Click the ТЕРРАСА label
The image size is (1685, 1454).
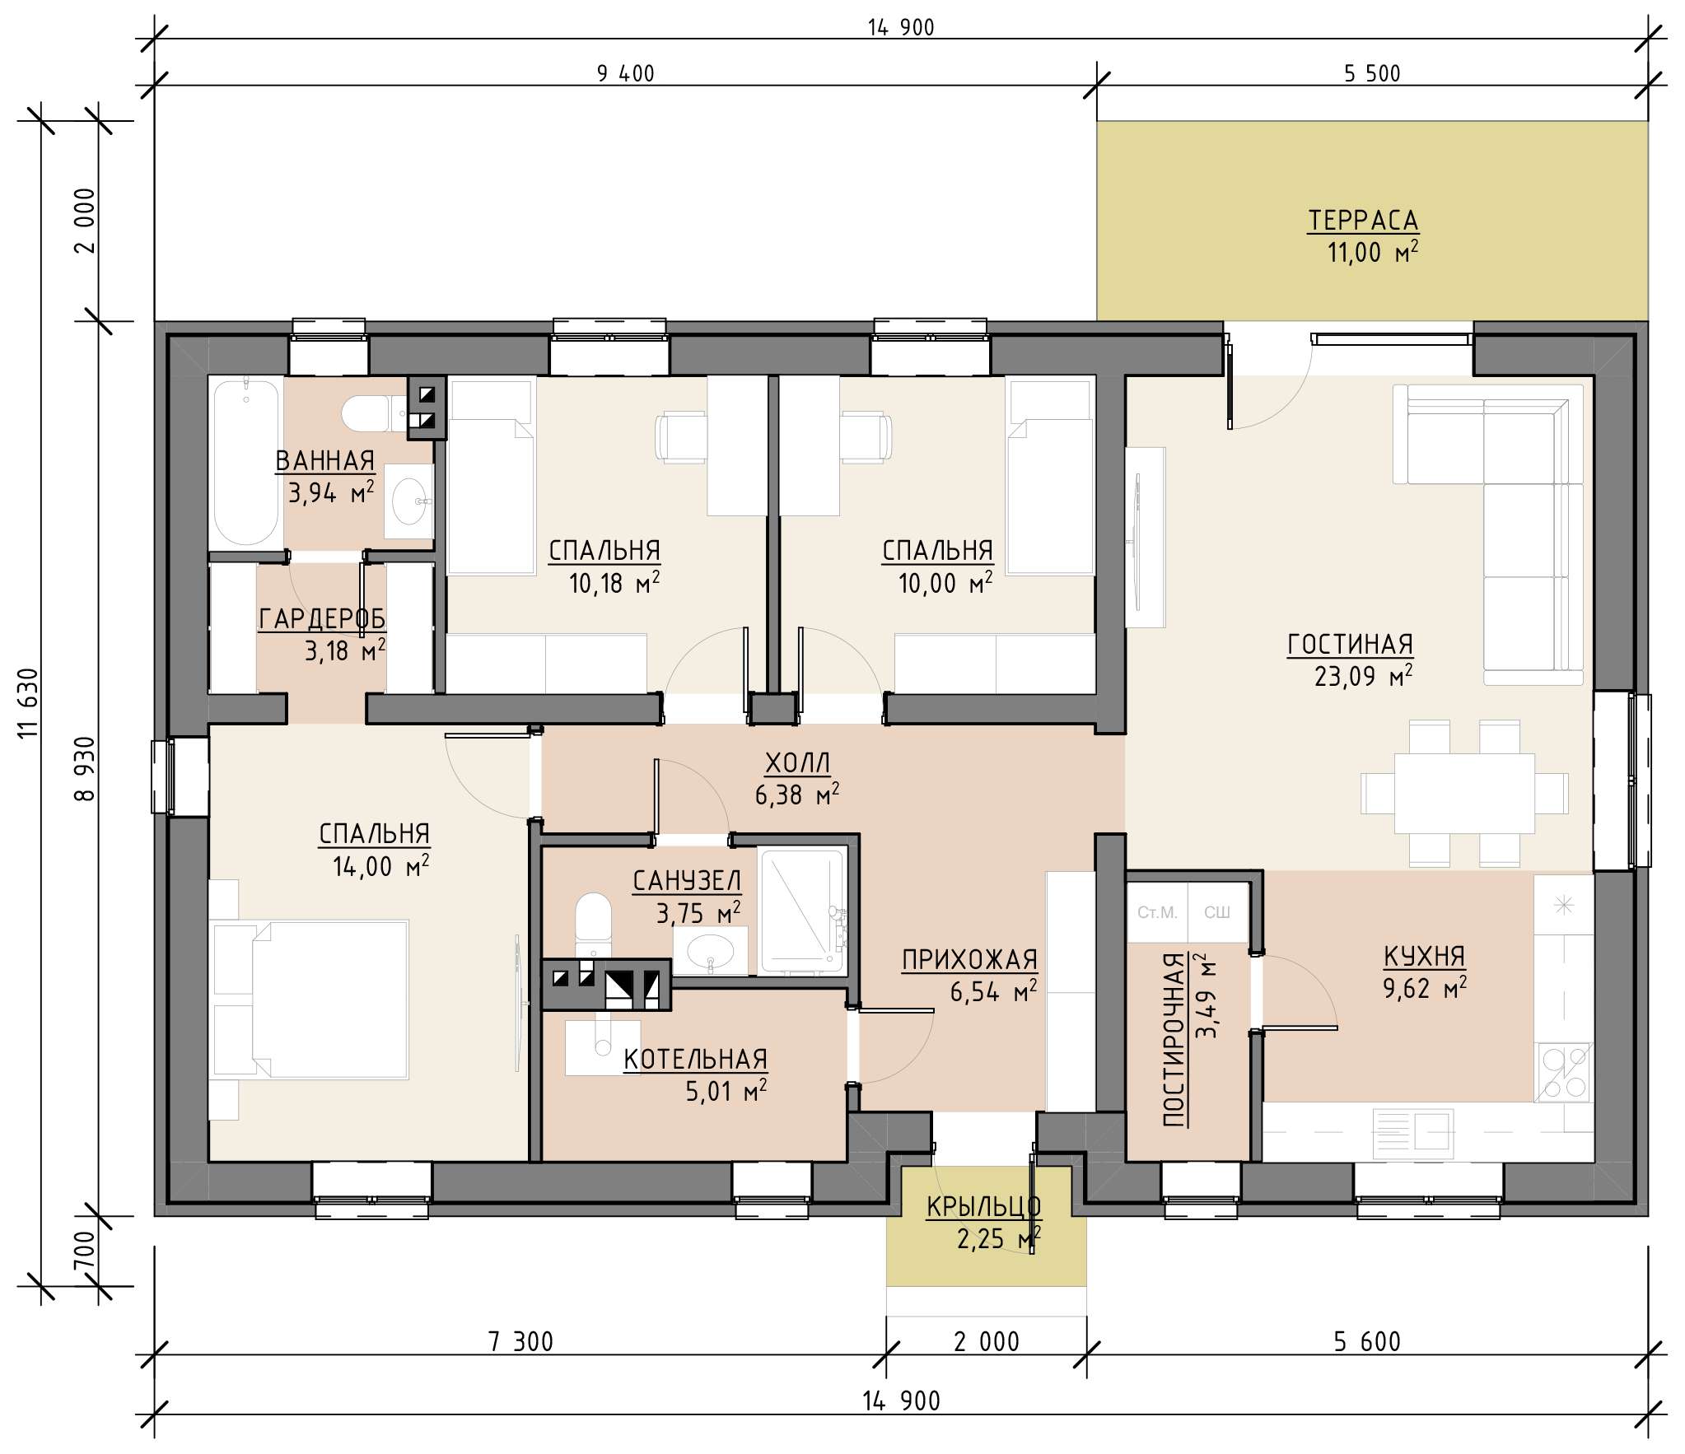[x=1363, y=221]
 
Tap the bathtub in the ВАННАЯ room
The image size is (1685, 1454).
[x=245, y=462]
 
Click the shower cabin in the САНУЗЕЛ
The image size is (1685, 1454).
[x=803, y=911]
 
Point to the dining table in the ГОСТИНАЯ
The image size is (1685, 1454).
[x=1464, y=793]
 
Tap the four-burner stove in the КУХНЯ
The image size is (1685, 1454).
[x=1565, y=1072]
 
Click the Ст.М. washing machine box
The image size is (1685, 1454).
[x=1157, y=912]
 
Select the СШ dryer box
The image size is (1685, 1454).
[x=1217, y=912]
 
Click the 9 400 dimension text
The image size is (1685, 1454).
[x=626, y=74]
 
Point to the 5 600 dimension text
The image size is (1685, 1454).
[x=1367, y=1342]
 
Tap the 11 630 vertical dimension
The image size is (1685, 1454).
[x=28, y=703]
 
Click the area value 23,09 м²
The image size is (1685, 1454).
[x=1363, y=676]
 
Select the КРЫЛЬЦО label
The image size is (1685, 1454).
[x=984, y=1207]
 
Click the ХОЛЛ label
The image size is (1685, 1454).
[x=797, y=763]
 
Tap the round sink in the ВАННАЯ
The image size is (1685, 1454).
[x=408, y=501]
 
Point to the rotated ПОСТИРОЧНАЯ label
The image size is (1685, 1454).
[x=1174, y=1039]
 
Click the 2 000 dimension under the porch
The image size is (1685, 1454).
[x=987, y=1342]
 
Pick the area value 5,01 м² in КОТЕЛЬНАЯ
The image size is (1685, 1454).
[x=726, y=1091]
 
